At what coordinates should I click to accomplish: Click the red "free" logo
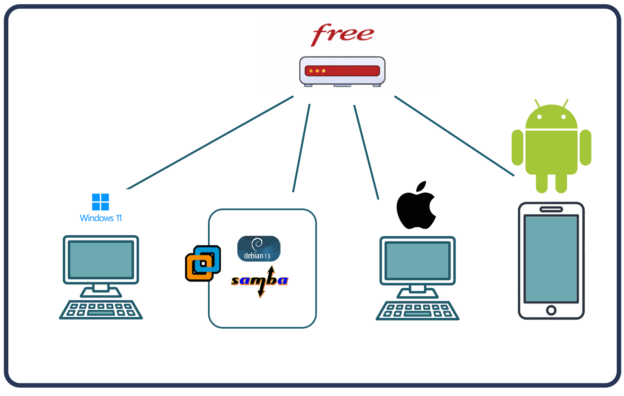click(342, 34)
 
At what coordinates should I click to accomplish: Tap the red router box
click(342, 71)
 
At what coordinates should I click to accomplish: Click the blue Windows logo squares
click(101, 202)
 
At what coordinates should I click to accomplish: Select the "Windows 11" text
click(101, 218)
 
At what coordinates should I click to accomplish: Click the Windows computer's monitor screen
click(101, 259)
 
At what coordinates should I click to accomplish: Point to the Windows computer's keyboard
click(101, 309)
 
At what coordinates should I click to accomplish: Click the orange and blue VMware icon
click(203, 263)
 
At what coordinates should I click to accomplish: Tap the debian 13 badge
click(259, 249)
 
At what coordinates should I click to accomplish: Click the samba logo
click(260, 281)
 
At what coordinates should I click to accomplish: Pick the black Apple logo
click(416, 208)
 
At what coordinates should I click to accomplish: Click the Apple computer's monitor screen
click(417, 261)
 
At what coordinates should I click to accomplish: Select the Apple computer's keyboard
click(417, 310)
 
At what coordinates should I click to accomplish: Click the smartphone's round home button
click(551, 310)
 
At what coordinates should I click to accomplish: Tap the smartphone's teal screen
click(551, 258)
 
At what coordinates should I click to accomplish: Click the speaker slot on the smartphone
click(551, 210)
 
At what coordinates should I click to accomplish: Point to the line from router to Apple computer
click(366, 152)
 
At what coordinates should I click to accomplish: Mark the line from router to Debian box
click(302, 148)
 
